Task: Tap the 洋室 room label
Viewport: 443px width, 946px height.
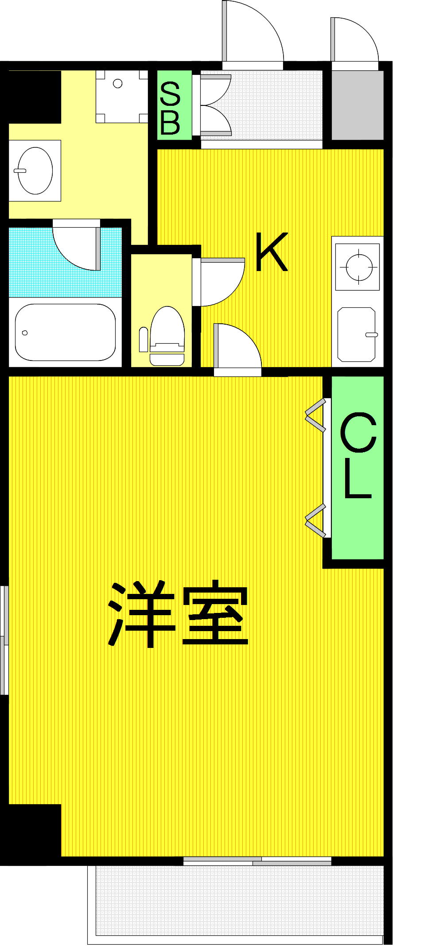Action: pos(179,614)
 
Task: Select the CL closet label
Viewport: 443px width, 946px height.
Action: pos(358,456)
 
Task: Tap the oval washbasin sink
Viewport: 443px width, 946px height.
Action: pos(35,171)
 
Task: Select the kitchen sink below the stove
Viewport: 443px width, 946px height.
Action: pos(357,334)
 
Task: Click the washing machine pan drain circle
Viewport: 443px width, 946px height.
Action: pos(117,83)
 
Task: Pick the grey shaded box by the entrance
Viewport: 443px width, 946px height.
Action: pos(358,105)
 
